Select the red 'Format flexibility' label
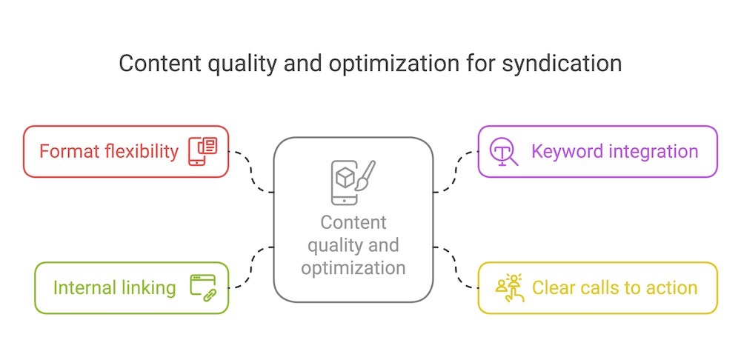coord(109,152)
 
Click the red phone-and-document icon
coord(202,151)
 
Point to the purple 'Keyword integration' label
coord(614,152)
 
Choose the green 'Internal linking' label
coord(114,287)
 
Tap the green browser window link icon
coord(202,287)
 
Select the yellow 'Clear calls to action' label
coord(614,287)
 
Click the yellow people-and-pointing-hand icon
coord(508,287)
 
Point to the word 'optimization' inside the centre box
coord(353,267)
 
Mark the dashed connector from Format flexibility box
coord(251,170)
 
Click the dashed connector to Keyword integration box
coord(455,170)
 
